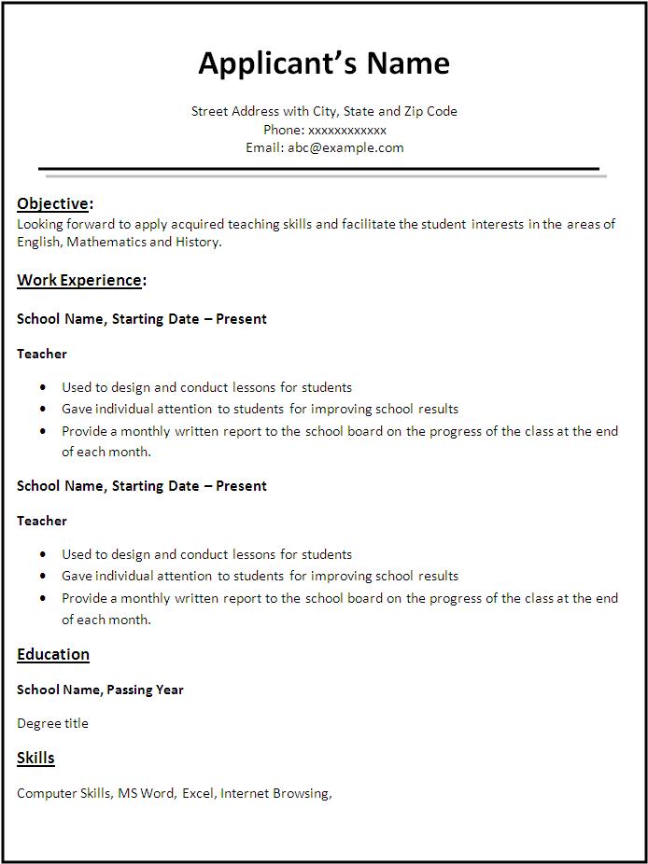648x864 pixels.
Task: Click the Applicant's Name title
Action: [324, 63]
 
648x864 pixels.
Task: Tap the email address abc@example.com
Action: [345, 147]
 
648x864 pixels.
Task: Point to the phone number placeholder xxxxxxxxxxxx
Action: [346, 130]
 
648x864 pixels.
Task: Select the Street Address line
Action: [324, 111]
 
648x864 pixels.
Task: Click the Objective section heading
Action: [54, 203]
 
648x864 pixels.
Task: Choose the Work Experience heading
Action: [80, 279]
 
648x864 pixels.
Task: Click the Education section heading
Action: [53, 654]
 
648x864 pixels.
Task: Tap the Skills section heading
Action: [35, 758]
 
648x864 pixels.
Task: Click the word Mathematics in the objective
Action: [106, 242]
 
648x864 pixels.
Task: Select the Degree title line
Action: [52, 723]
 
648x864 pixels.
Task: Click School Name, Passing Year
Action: [100, 690]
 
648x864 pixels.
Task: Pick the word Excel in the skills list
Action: [198, 793]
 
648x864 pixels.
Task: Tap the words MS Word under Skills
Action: [146, 793]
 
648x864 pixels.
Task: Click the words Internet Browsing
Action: [275, 793]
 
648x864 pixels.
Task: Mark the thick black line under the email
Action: [318, 169]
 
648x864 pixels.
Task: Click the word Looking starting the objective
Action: [39, 224]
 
